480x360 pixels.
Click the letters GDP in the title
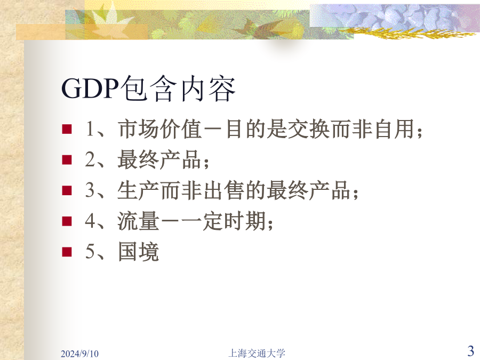(90, 89)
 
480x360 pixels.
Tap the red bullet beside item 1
(67, 129)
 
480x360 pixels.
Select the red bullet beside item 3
(67, 190)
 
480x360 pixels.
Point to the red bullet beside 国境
(67, 252)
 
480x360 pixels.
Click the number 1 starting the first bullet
(90, 129)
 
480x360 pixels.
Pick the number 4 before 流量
(90, 221)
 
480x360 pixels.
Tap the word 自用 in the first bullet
(394, 129)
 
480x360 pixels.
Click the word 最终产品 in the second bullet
(159, 159)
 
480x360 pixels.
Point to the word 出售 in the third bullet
(224, 190)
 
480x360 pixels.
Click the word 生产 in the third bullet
(138, 190)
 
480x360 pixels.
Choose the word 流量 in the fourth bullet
(138, 221)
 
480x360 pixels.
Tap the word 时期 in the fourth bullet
(245, 221)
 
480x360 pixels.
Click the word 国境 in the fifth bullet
(138, 251)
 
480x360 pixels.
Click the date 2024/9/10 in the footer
(79, 354)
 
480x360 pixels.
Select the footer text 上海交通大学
(257, 353)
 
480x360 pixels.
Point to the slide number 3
(471, 350)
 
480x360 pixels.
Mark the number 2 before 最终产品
(90, 159)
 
